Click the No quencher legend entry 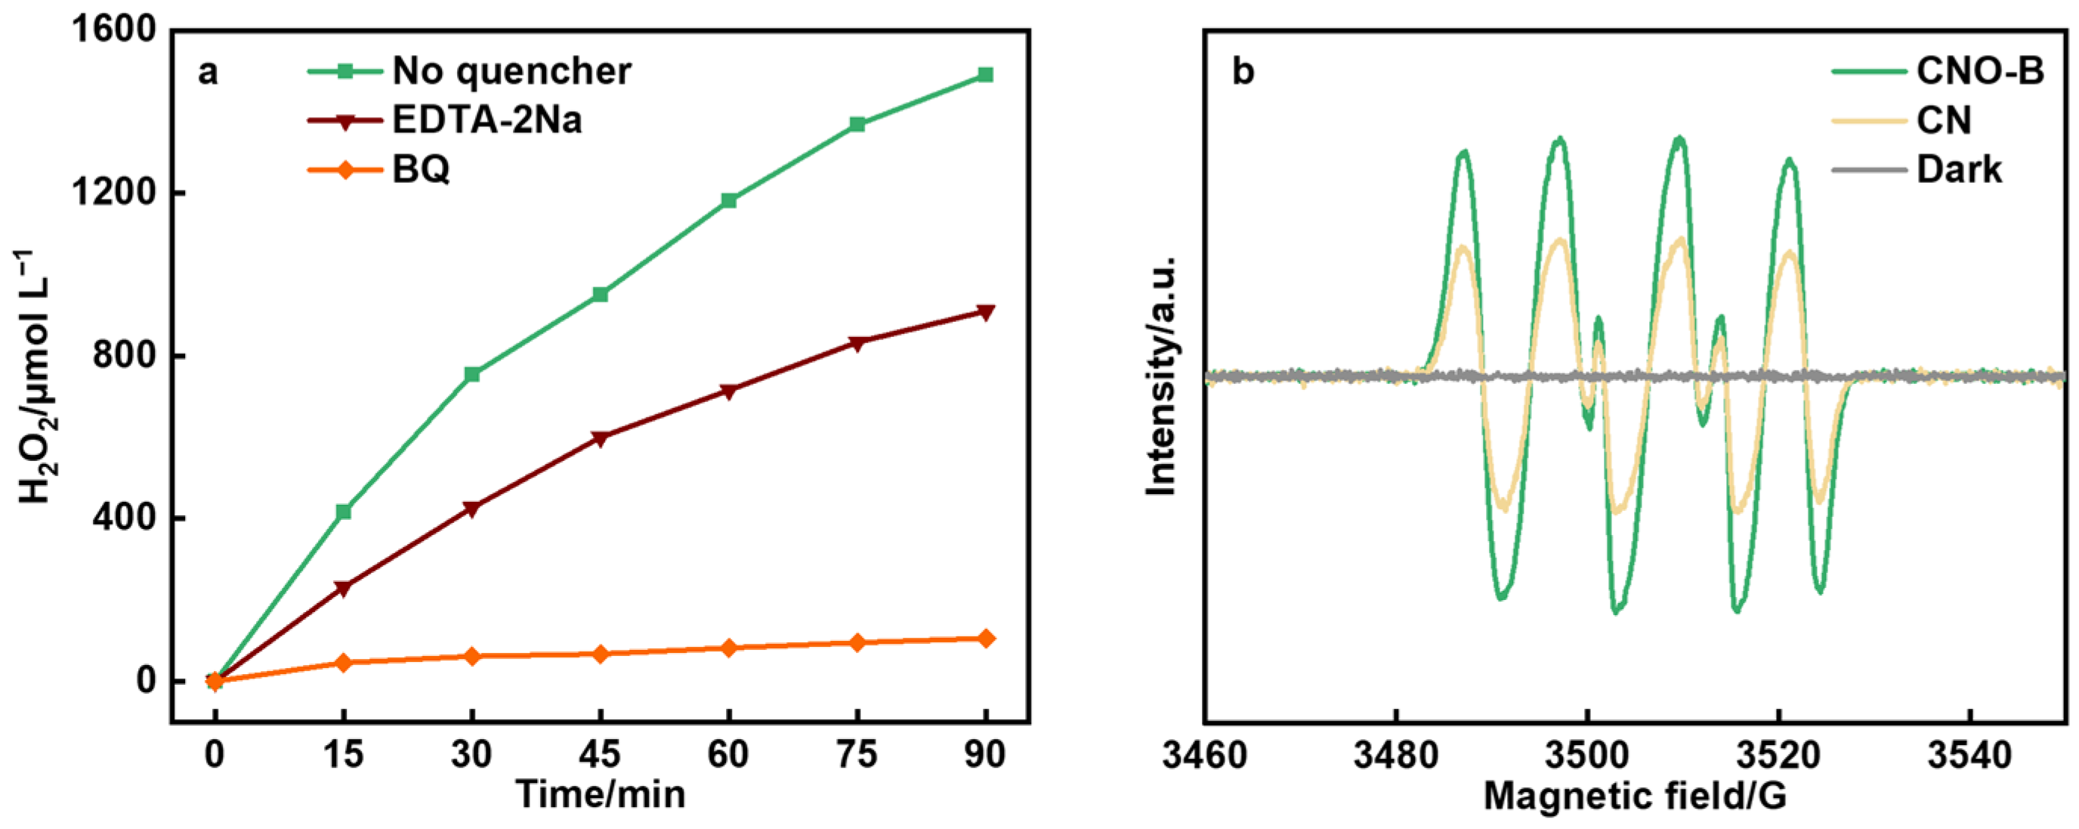511,71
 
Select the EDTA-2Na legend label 487,120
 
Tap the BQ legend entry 421,169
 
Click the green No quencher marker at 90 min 984,75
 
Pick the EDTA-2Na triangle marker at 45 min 600,438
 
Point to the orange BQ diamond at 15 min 343,663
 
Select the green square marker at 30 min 472,375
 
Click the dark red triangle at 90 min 984,312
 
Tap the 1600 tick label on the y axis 111,31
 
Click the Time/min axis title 601,794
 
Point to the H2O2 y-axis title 36,378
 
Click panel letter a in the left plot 208,73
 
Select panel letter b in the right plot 1243,73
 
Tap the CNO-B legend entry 1980,71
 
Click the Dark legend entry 1959,169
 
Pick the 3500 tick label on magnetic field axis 1586,755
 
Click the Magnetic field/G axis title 1634,796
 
